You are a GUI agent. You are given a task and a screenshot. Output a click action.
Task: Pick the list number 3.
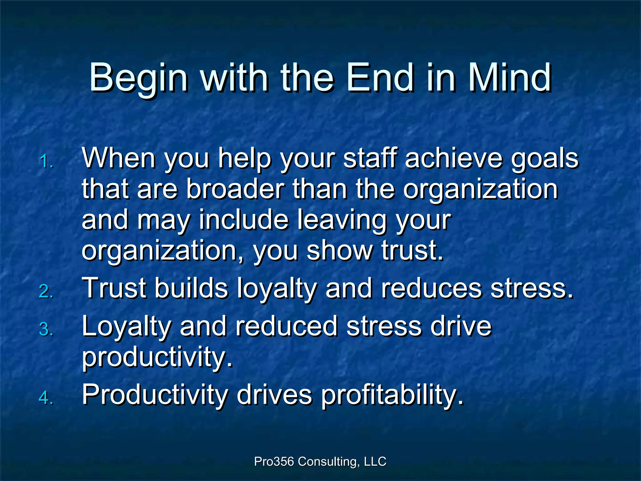46,330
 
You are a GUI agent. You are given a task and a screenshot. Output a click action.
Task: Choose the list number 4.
46,398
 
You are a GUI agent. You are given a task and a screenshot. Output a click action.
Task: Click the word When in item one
119,158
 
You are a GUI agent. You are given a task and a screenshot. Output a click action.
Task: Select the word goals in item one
545,158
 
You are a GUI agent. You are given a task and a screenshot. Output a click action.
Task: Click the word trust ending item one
412,251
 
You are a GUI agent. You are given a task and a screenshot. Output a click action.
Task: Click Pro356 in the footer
274,462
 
